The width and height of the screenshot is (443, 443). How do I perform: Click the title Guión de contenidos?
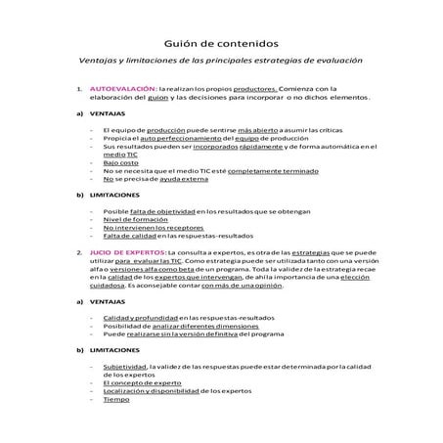coord(221,43)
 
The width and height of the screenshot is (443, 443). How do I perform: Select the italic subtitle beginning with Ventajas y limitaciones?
coord(221,61)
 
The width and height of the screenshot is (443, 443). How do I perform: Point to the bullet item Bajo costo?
coord(119,161)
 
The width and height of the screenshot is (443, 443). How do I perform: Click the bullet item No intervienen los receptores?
coord(147,227)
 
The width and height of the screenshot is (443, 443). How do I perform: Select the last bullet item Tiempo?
coord(116,399)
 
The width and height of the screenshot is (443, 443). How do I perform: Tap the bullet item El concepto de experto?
coord(143,382)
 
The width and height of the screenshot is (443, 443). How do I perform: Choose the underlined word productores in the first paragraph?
coord(257,88)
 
